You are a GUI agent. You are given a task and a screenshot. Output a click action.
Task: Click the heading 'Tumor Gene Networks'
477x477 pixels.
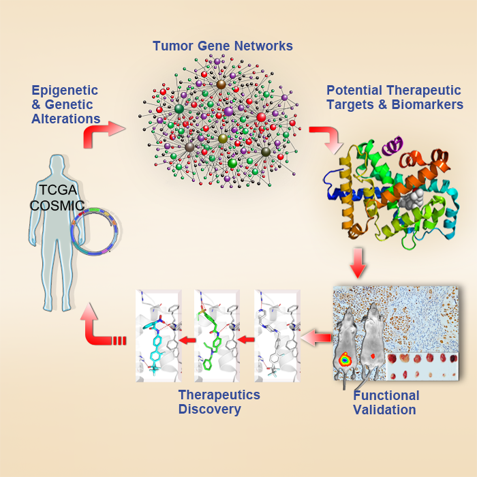pyautogui.click(x=222, y=46)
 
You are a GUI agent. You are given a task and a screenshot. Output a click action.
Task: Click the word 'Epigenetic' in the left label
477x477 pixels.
pyautogui.click(x=65, y=91)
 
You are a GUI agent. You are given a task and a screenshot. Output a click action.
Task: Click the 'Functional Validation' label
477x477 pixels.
pyautogui.click(x=386, y=403)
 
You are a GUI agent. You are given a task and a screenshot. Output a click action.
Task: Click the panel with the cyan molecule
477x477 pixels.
pyautogui.click(x=158, y=335)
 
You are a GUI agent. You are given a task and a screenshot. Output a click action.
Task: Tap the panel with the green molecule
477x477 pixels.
pyautogui.click(x=216, y=335)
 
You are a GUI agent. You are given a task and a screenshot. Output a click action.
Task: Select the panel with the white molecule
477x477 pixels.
pyautogui.click(x=277, y=335)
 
